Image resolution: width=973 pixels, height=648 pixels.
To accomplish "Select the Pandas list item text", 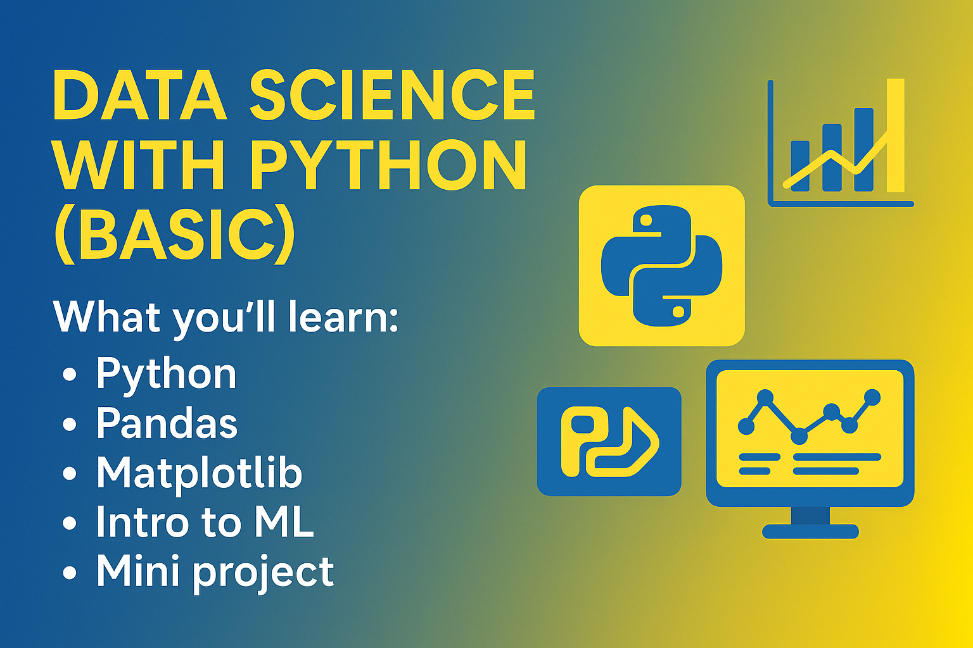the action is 167,423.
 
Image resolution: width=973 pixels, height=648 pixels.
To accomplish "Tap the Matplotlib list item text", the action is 199,473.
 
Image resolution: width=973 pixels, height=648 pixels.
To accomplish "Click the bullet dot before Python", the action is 70,374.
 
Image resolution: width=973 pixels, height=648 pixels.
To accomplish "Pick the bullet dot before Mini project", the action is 70,572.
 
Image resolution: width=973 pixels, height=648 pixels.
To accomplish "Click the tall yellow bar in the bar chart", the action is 896,135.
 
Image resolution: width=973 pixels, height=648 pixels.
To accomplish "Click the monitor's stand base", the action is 811,532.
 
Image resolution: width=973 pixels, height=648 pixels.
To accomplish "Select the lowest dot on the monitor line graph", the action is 799,436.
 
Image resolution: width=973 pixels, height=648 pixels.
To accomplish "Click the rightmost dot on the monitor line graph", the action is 872,397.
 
